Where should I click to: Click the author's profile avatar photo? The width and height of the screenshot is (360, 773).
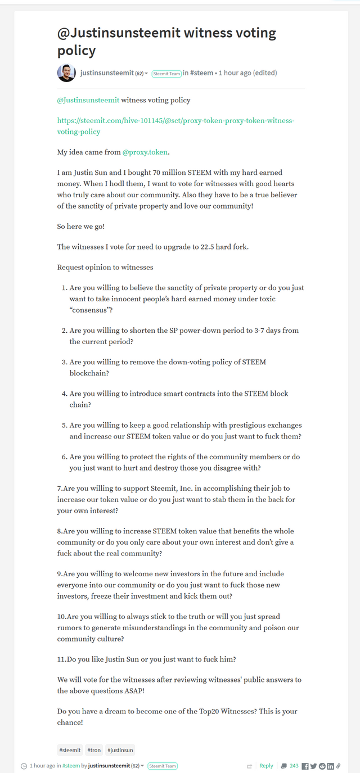66,73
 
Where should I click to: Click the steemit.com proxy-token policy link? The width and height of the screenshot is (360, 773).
175,126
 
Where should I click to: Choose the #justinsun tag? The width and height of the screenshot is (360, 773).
120,750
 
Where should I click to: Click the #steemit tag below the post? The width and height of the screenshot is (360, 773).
70,750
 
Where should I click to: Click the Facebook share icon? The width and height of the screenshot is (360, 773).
305,766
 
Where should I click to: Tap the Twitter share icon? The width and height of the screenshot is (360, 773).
313,766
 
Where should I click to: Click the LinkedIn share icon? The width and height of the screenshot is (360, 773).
330,766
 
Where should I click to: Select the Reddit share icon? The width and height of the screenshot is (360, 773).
322,766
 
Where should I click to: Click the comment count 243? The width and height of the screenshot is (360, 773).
294,766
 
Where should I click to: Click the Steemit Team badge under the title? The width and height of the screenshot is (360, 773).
166,74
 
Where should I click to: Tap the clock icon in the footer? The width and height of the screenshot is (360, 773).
24,766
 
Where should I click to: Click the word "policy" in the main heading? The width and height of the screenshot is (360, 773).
76,51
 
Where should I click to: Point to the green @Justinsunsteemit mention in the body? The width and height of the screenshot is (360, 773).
88,100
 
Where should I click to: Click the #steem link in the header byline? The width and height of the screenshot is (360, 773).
201,73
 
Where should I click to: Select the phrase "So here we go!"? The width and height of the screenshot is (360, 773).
80,226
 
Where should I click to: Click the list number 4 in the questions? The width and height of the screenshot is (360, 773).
64,394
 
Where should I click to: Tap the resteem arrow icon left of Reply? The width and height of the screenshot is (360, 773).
249,766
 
